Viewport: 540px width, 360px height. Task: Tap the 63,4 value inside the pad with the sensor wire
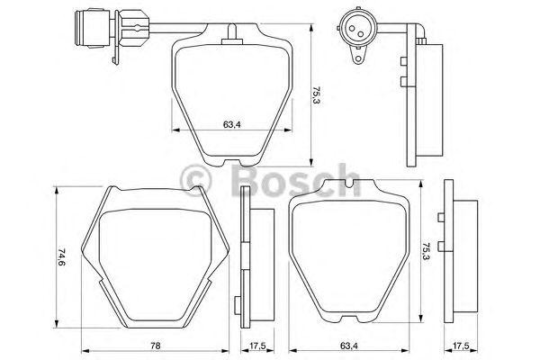tap(231, 124)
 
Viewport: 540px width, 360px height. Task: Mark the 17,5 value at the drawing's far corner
tap(463, 345)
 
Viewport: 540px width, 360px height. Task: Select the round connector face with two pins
tap(352, 27)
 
